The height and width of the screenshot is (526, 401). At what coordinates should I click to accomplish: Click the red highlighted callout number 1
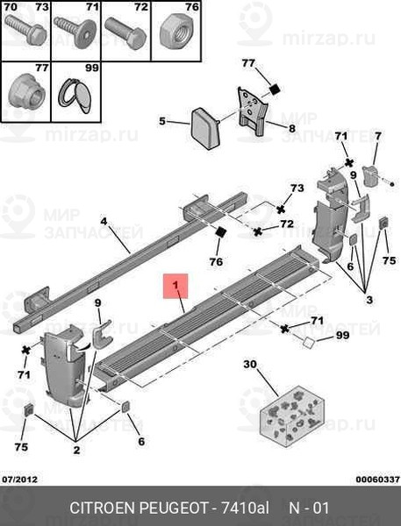175,285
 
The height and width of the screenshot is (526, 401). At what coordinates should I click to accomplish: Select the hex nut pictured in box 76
175,32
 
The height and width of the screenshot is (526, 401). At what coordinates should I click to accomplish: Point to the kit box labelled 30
292,416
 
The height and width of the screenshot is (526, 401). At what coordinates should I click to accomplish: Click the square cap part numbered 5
204,128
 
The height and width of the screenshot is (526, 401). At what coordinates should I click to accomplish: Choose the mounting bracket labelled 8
254,111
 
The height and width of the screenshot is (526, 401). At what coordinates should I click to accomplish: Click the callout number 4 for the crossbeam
104,222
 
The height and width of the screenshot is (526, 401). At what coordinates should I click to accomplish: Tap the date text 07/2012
19,479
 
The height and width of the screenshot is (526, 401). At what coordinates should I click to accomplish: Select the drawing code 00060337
377,480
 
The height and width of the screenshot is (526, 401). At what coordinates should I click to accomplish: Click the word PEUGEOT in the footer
174,508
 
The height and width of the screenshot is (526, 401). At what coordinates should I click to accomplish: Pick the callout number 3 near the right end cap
369,299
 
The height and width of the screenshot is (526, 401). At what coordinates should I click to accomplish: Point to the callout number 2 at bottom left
76,450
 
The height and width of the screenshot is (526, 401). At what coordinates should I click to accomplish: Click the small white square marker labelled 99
308,343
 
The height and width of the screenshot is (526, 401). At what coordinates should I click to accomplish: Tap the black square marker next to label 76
220,231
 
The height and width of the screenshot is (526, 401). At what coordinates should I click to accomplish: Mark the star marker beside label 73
281,210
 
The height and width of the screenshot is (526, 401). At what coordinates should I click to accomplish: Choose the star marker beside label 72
258,231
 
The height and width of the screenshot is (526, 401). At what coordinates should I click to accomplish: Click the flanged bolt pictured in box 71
75,32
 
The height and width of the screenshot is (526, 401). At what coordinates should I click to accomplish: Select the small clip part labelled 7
371,176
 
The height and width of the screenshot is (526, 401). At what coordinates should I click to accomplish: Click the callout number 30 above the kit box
250,364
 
